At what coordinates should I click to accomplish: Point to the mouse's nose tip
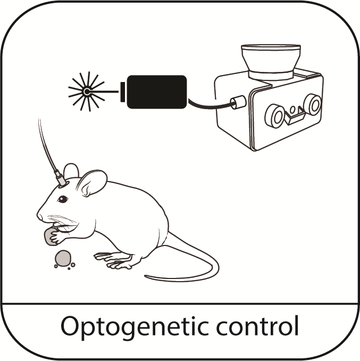tap(39, 216)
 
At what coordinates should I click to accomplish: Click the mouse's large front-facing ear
tap(91, 184)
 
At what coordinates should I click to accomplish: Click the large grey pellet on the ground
tap(62, 258)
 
